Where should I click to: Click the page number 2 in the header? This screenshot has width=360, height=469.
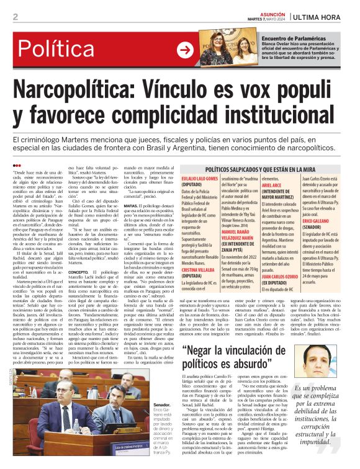pyautogui.click(x=15, y=17)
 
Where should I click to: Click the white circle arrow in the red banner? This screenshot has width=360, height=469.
pyautogui.click(x=185, y=50)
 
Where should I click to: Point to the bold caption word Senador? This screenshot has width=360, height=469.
pyautogui.click(x=161, y=404)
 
